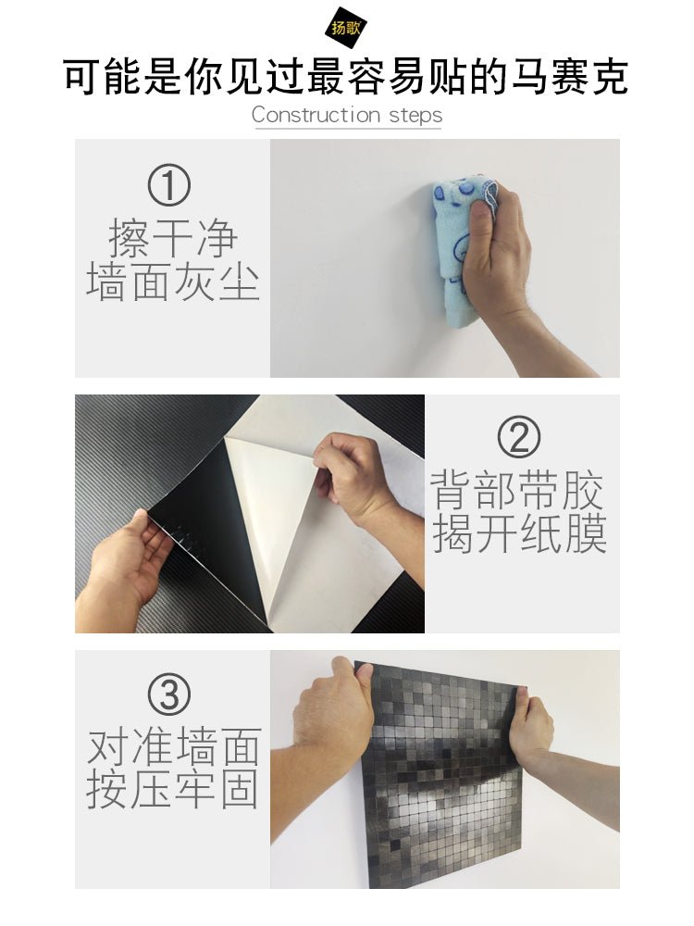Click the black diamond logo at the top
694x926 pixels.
[346, 28]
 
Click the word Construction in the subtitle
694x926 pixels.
[316, 115]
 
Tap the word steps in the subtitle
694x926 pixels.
[415, 115]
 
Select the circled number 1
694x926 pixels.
[168, 185]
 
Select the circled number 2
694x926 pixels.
[519, 437]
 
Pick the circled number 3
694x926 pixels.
[169, 694]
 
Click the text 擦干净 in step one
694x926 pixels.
[173, 238]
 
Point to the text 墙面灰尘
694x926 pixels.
[173, 282]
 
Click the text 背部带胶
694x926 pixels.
[517, 490]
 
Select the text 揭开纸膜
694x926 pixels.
[519, 534]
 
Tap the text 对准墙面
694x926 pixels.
[174, 745]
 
